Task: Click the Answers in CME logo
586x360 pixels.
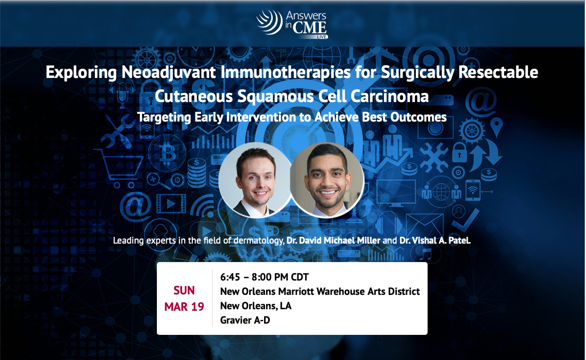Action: coord(292,24)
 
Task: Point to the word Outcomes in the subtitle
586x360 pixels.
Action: coord(418,117)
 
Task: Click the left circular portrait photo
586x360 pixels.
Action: coord(255,180)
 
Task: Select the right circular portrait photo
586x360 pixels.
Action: coord(327,180)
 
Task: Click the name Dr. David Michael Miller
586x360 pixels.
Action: coord(333,241)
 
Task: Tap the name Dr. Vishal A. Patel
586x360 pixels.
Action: coord(435,241)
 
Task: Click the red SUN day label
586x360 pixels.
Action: coord(184,290)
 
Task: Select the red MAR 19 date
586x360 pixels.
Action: coord(184,307)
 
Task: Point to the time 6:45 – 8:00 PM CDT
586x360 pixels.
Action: coord(264,277)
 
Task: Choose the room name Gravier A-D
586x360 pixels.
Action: coord(245,321)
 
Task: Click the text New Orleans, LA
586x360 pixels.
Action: coord(256,306)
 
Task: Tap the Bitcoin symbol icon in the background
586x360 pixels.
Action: coord(168,153)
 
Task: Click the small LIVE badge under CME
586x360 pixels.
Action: coord(322,36)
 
